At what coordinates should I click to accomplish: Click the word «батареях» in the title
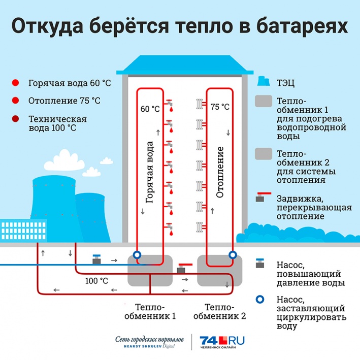pyautogui.click(x=302, y=26)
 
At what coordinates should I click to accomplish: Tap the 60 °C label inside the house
pyautogui.click(x=150, y=109)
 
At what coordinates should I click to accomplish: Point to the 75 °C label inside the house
pyautogui.click(x=220, y=107)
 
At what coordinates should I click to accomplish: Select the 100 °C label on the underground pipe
pyautogui.click(x=96, y=281)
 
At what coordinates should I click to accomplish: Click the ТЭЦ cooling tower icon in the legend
pyautogui.click(x=264, y=81)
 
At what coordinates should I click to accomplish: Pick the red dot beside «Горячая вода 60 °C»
pyautogui.click(x=15, y=83)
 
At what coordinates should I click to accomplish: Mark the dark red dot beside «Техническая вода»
pyautogui.click(x=15, y=119)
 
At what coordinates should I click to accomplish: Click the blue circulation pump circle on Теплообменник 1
pyautogui.click(x=137, y=254)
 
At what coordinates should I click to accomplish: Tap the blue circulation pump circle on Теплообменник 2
pyautogui.click(x=233, y=254)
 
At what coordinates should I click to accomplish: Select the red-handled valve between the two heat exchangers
pyautogui.click(x=184, y=268)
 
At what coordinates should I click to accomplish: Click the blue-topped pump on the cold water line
pyautogui.click(x=96, y=259)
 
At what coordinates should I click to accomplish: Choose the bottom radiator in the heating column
pyautogui.click(x=200, y=227)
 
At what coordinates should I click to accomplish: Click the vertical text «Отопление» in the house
pyautogui.click(x=220, y=172)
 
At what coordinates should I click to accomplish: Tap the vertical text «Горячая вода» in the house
pyautogui.click(x=149, y=172)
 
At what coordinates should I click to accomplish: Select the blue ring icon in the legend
pyautogui.click(x=260, y=300)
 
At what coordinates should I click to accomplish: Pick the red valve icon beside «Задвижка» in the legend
pyautogui.click(x=264, y=197)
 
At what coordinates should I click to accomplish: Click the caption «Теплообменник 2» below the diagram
pyautogui.click(x=220, y=312)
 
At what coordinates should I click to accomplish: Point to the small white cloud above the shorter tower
pyautogui.click(x=91, y=172)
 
